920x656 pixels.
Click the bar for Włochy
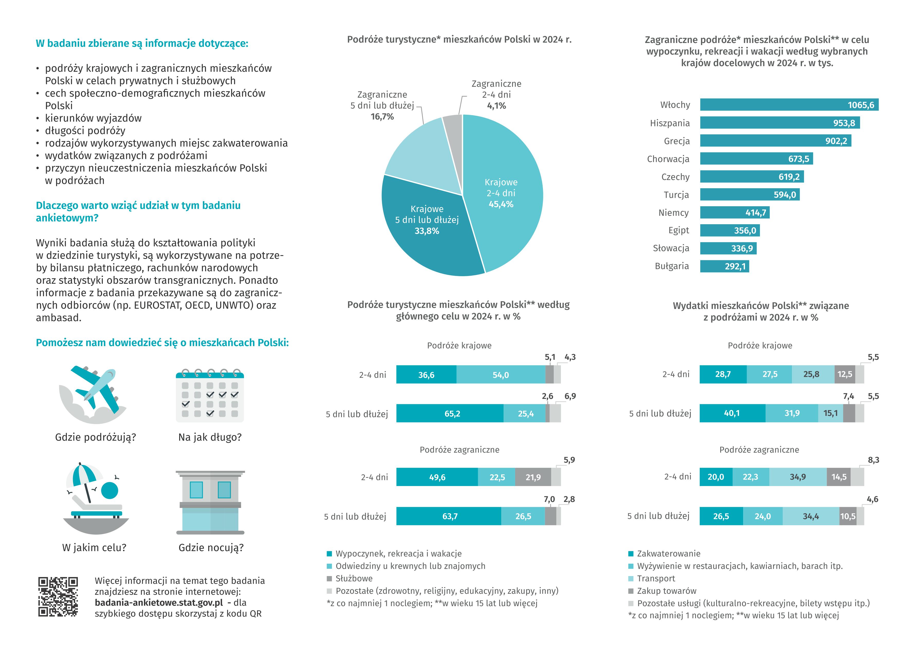pyautogui.click(x=789, y=105)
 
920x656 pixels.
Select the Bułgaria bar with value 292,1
pyautogui.click(x=725, y=266)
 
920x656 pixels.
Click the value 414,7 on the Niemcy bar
pyautogui.click(x=756, y=213)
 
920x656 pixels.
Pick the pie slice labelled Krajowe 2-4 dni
pyautogui.click(x=505, y=190)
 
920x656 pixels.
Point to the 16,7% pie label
pyautogui.click(x=382, y=117)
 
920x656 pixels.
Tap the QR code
pyautogui.click(x=58, y=597)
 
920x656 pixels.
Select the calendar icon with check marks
pyautogui.click(x=210, y=396)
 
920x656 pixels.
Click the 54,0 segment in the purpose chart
pyautogui.click(x=500, y=375)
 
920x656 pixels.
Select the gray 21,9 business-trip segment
pyautogui.click(x=533, y=477)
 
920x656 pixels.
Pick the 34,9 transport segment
pyautogui.click(x=798, y=477)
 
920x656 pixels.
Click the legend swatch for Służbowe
pyautogui.click(x=329, y=579)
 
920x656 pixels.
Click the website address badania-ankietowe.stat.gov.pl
pyautogui.click(x=159, y=603)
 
